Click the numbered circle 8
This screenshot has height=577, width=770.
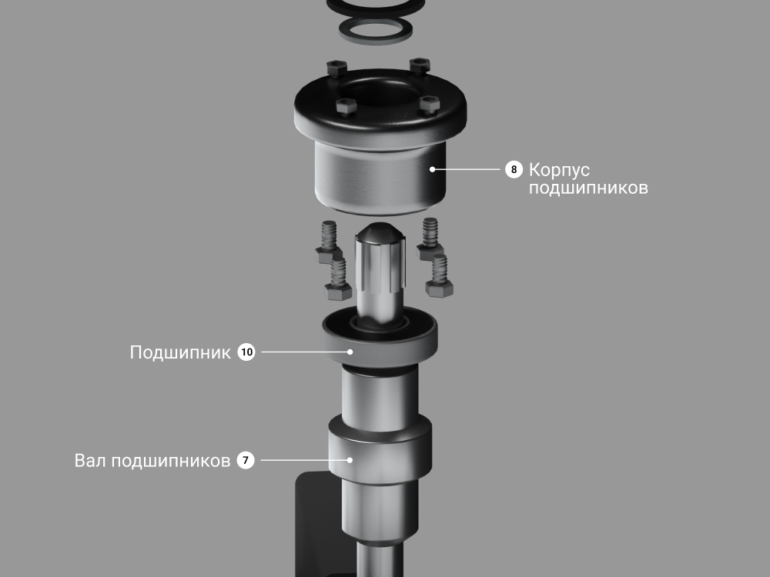514,169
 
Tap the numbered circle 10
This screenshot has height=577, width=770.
246,352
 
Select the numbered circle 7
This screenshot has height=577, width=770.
246,460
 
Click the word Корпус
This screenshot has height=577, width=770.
559,171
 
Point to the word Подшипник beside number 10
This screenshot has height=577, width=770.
180,353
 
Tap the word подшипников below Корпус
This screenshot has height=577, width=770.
588,188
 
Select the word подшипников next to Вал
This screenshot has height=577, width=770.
171,462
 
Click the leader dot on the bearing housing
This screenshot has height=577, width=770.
432,169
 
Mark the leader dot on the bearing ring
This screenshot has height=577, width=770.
350,352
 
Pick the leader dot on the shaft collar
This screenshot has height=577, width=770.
350,460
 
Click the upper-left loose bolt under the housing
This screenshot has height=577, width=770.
329,242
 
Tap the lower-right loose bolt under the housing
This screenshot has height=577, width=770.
439,276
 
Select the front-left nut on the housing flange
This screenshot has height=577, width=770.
346,106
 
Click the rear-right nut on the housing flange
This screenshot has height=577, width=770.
420,65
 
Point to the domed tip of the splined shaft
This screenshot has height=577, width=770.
380,232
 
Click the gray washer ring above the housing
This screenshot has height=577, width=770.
376,31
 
